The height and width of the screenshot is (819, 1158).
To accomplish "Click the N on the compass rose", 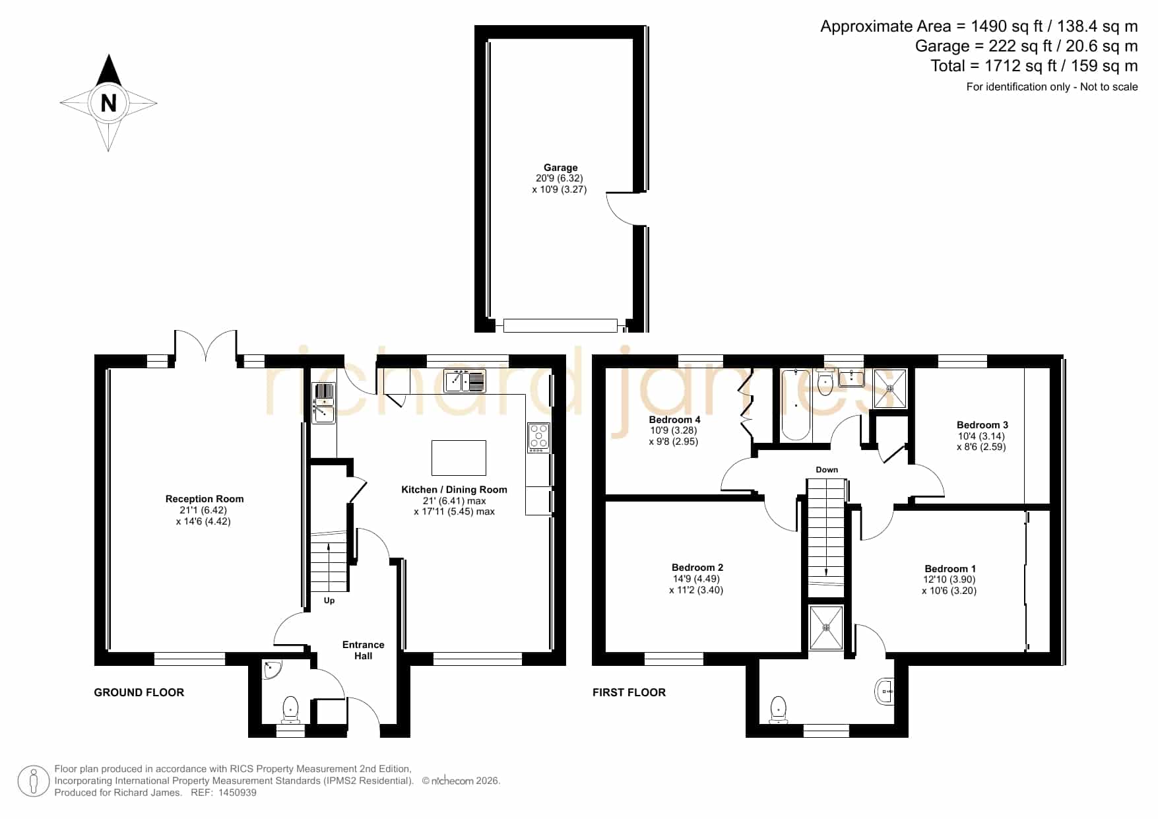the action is coord(108,103).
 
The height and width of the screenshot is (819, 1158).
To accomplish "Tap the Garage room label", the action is coord(560,168).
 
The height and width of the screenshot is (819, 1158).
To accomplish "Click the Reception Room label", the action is coord(205,499).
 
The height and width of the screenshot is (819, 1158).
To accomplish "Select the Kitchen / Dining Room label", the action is coord(454,490).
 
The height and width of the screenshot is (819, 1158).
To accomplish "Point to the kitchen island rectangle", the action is coord(459,458).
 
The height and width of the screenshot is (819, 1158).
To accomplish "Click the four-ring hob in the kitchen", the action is coord(538,437).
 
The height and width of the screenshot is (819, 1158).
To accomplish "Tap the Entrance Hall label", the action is coord(363,650).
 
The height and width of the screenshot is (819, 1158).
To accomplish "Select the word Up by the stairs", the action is coord(329,601).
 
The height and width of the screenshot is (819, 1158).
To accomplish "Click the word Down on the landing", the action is coord(827,470).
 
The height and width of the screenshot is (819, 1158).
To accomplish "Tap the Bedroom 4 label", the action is coord(674,420).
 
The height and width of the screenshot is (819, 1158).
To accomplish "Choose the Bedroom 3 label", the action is coord(982,425).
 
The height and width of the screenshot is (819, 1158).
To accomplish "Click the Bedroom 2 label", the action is coord(697,568).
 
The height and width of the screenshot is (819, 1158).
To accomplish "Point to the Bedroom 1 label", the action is coord(950,569).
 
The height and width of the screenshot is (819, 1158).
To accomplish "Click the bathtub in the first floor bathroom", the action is coord(796,405).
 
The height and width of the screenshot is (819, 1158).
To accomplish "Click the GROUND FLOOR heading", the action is coord(139,692).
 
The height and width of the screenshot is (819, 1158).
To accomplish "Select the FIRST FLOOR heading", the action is coord(629,692).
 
